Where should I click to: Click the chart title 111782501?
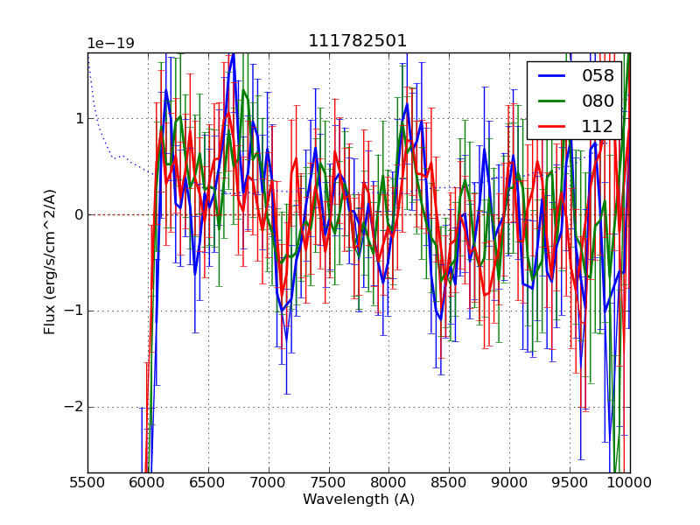coord(358,41)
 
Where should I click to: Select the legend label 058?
coord(598,76)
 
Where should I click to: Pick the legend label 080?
coord(598,101)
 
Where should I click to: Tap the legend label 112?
coord(598,127)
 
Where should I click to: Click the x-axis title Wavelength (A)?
coord(359,500)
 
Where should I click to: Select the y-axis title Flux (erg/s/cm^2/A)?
coord(50,262)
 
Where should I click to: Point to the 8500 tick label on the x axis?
coord(449,482)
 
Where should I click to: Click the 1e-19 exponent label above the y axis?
coord(110,44)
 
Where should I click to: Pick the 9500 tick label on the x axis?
coord(570,482)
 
